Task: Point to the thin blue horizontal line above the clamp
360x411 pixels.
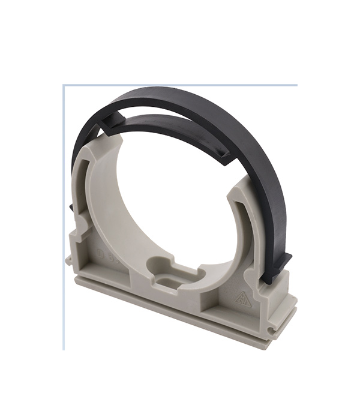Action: [x=180, y=85]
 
